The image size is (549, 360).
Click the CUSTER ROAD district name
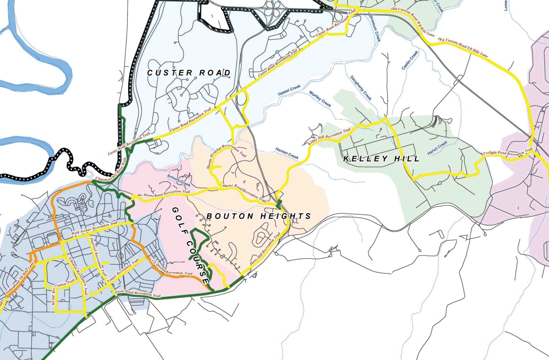[x=188, y=73]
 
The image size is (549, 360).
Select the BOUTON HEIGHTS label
[x=258, y=216]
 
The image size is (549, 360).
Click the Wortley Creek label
[x=320, y=97]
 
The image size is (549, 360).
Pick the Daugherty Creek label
[x=360, y=88]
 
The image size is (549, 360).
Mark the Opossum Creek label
[x=374, y=27]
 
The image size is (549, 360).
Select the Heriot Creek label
[x=437, y=150]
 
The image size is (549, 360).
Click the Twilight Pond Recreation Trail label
[x=508, y=153]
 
